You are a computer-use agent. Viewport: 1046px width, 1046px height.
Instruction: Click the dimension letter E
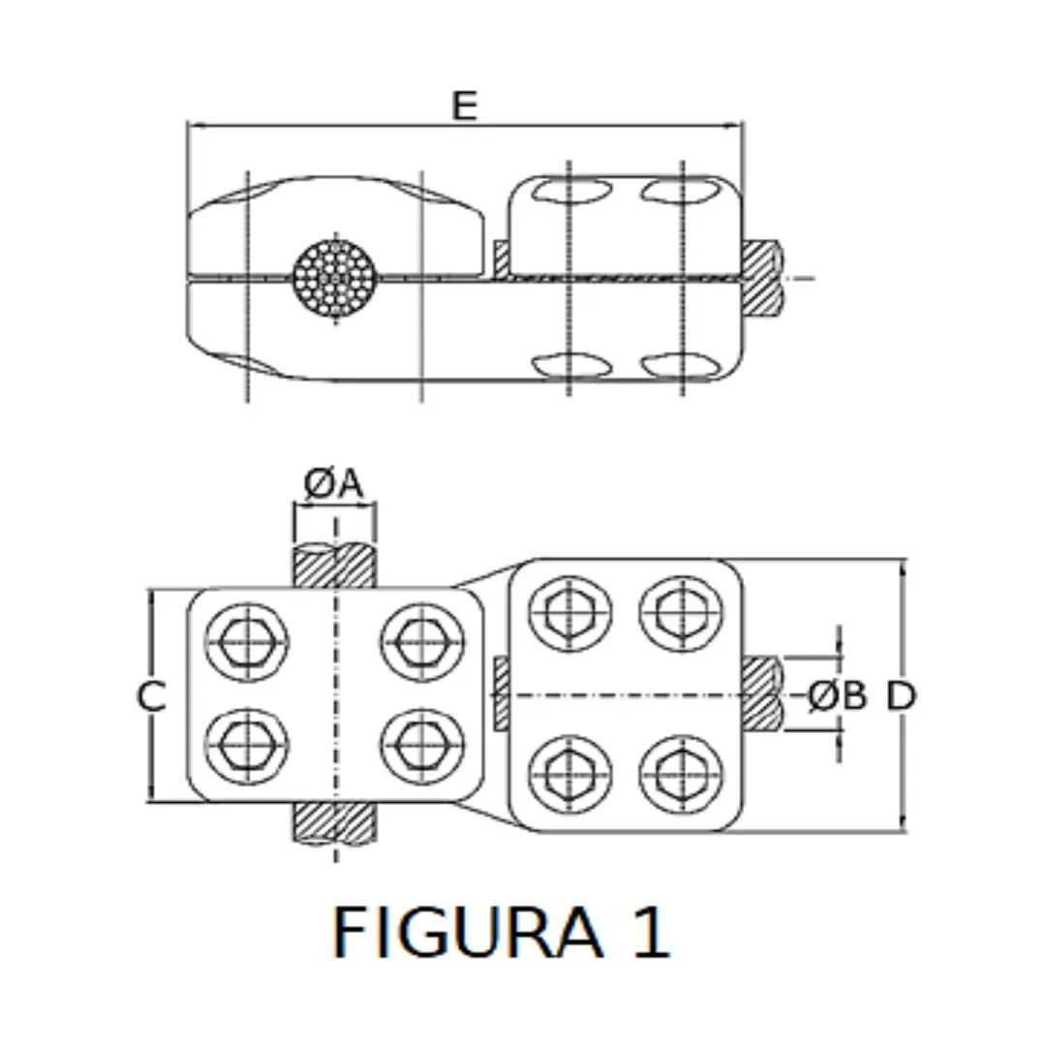pyautogui.click(x=465, y=106)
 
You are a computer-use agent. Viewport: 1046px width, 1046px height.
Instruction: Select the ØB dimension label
pyautogui.click(x=838, y=695)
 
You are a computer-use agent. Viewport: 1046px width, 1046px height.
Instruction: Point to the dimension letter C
pyautogui.click(x=151, y=696)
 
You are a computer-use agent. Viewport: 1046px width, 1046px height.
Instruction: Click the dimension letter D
pyautogui.click(x=901, y=695)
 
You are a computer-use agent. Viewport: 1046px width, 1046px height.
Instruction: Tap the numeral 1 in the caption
pyautogui.click(x=646, y=933)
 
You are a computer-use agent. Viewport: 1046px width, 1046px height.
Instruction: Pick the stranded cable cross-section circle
pyautogui.click(x=334, y=278)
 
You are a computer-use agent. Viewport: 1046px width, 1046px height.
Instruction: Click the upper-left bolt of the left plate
pyautogui.click(x=246, y=641)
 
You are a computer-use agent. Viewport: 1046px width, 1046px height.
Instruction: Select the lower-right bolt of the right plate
pyautogui.click(x=681, y=774)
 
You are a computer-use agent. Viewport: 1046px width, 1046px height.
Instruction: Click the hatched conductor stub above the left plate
pyautogui.click(x=334, y=567)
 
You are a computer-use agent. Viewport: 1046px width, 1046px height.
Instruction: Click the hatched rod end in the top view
pyautogui.click(x=762, y=277)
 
